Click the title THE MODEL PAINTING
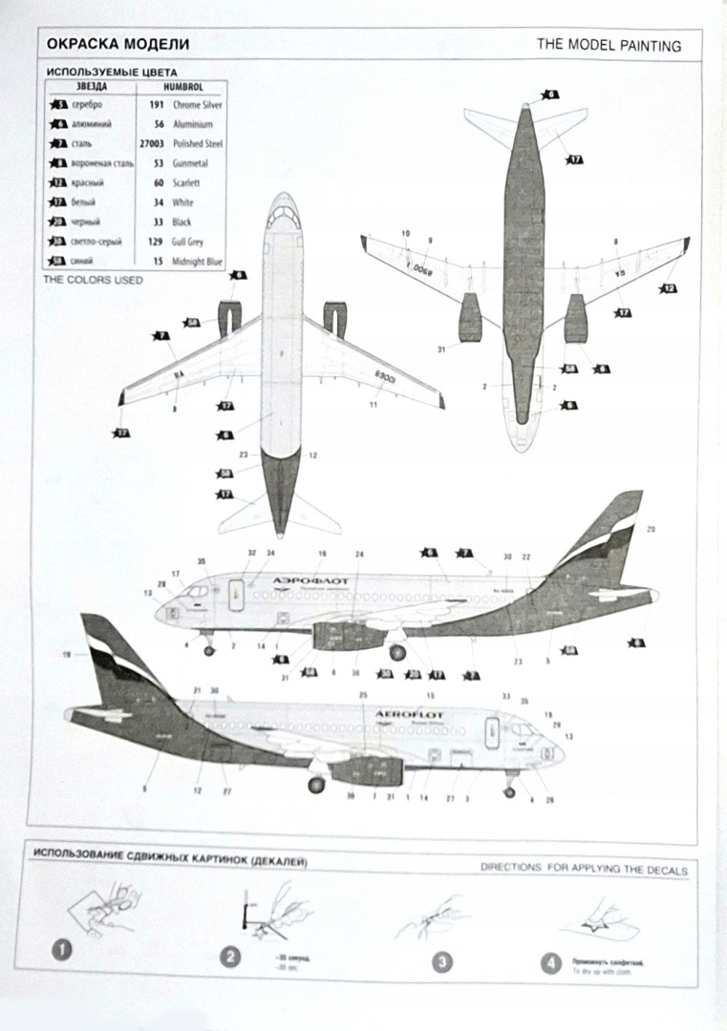(x=609, y=45)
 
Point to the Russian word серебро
(x=86, y=104)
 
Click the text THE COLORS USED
(x=93, y=281)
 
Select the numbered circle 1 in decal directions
(x=62, y=950)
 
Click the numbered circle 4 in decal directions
(x=550, y=963)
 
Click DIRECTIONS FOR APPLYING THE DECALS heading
(x=584, y=870)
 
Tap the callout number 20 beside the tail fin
(x=652, y=529)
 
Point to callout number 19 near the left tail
(x=66, y=654)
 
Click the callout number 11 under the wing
(x=374, y=406)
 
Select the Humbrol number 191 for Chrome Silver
(x=158, y=104)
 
